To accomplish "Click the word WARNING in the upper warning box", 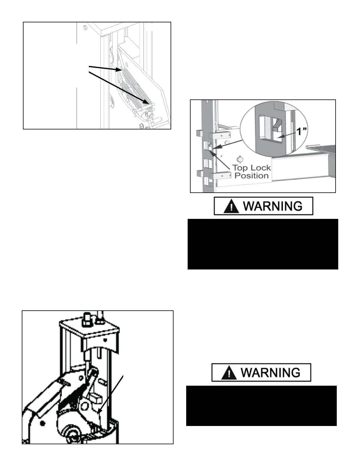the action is tap(273, 206).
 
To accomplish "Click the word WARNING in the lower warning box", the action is tap(271, 373).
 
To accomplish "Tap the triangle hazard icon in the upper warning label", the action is tap(231, 207).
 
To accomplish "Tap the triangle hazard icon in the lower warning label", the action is tap(229, 373).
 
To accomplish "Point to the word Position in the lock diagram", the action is tap(251, 176).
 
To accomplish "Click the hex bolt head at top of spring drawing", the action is tap(85, 27).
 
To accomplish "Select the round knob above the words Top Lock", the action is tap(240, 159).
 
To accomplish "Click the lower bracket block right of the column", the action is tap(220, 176).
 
